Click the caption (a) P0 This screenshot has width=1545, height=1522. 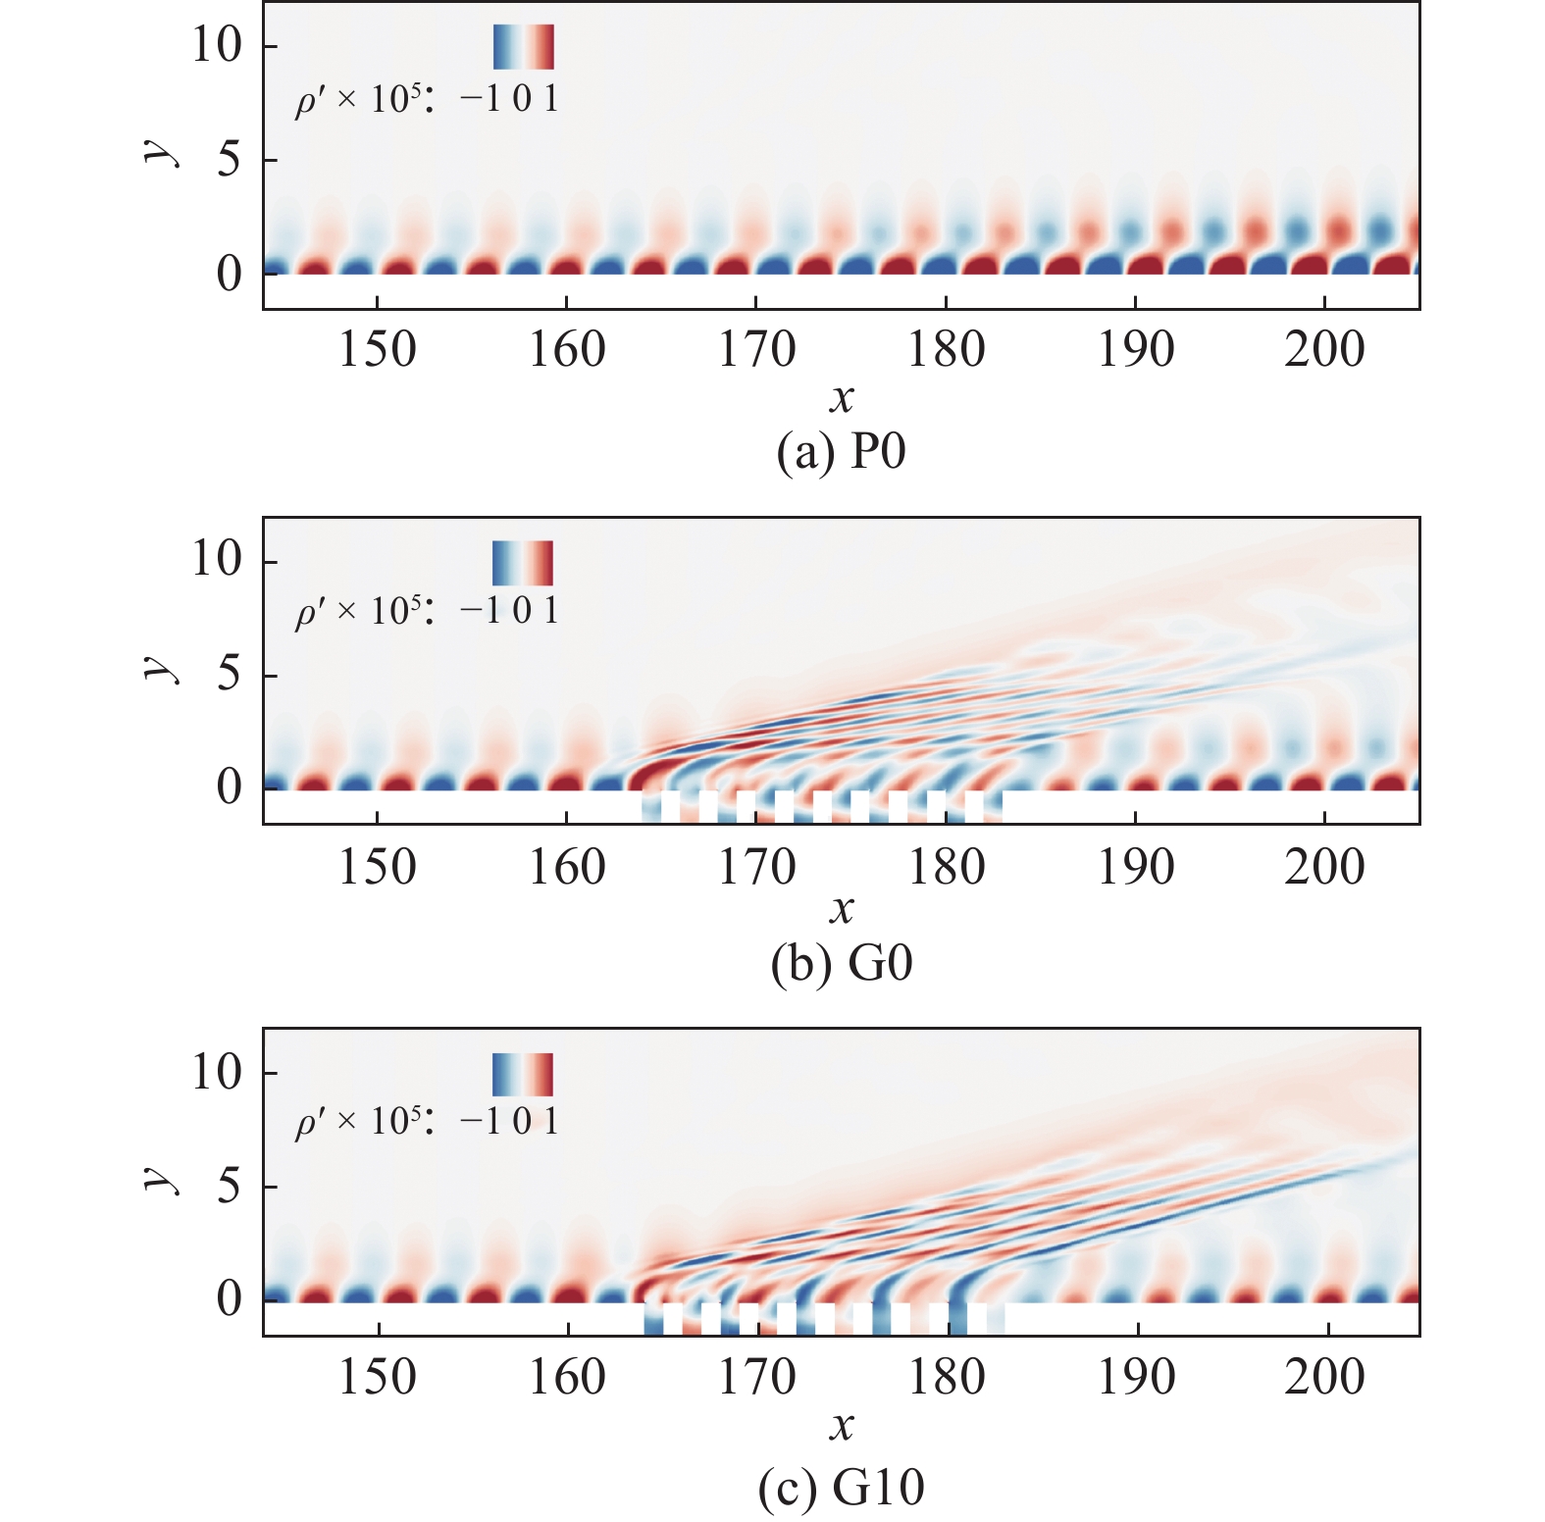click(x=841, y=452)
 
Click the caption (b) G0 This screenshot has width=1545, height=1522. click(x=841, y=964)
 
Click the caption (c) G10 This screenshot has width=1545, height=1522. click(x=841, y=1487)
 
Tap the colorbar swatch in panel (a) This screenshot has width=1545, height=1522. click(x=523, y=47)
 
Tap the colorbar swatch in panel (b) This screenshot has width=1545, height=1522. click(x=523, y=563)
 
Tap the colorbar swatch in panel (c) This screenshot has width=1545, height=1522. click(x=523, y=1075)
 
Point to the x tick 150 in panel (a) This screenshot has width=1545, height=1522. click(x=378, y=350)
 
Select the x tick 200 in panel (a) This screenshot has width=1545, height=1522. click(x=1324, y=350)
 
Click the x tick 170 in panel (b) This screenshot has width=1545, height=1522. click(x=756, y=867)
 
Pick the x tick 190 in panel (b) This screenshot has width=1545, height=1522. click(x=1135, y=867)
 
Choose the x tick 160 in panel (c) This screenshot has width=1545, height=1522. click(x=567, y=1378)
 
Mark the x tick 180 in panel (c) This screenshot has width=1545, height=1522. click(x=946, y=1378)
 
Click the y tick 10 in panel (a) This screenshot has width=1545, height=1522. click(x=216, y=45)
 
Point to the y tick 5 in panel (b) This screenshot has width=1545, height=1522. click(x=229, y=675)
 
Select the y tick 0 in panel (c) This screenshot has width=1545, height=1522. click(x=229, y=1298)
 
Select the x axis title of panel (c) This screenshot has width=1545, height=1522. click(x=841, y=1426)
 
